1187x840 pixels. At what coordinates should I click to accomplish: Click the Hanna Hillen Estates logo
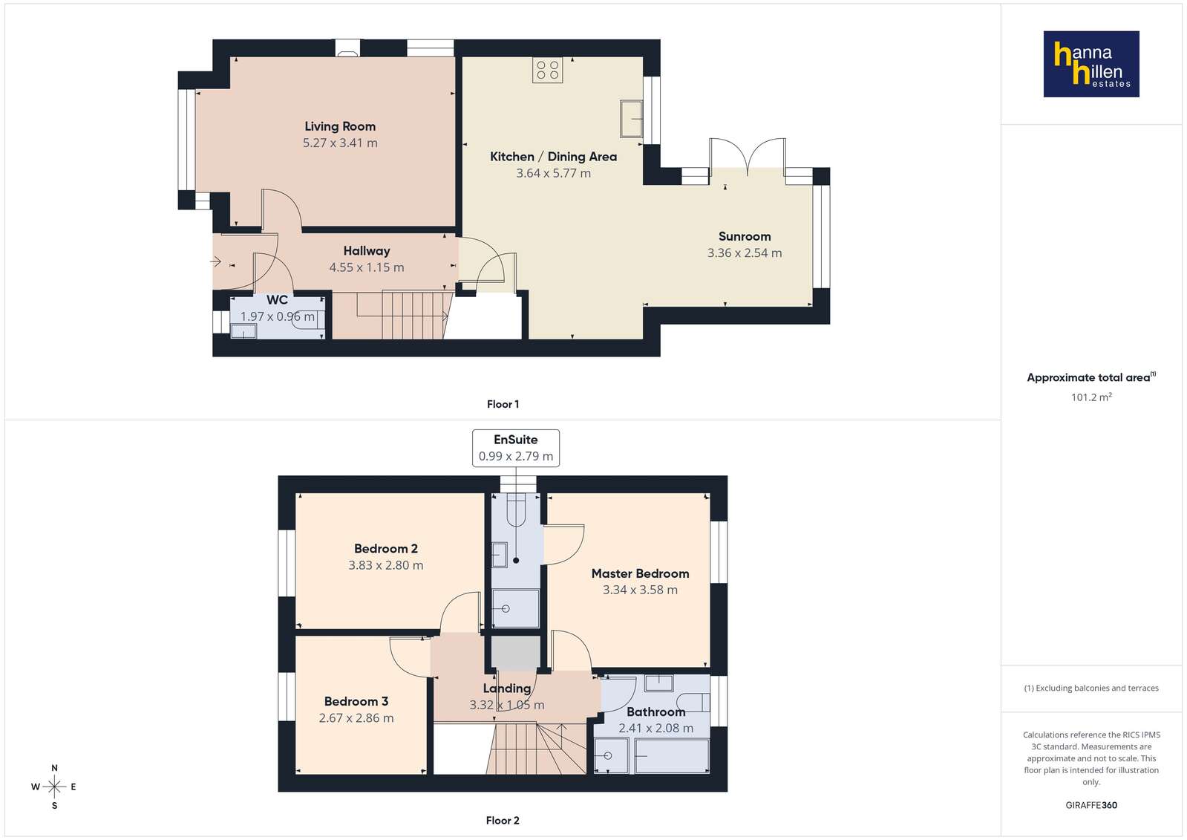click(x=1091, y=64)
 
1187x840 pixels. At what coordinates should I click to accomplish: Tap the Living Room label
click(x=340, y=126)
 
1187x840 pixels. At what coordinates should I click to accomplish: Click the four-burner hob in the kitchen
click(x=547, y=70)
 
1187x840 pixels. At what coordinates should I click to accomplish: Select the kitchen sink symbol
click(x=631, y=118)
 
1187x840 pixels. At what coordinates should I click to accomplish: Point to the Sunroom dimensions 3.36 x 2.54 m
click(x=745, y=253)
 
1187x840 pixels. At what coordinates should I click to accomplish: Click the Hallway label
click(x=367, y=251)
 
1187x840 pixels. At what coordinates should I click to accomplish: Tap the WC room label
click(x=277, y=299)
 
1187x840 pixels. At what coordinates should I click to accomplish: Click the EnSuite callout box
click(x=516, y=448)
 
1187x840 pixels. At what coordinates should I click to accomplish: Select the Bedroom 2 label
click(x=386, y=548)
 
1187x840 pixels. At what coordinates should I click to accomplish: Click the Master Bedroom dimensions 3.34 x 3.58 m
click(x=640, y=590)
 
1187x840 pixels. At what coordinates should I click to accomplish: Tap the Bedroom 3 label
click(x=356, y=701)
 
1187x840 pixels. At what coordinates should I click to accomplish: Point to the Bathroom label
click(x=656, y=712)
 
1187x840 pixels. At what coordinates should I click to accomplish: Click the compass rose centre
click(x=55, y=787)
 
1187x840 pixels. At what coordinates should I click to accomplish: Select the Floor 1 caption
click(x=503, y=404)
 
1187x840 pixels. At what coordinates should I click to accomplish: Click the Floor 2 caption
click(x=503, y=821)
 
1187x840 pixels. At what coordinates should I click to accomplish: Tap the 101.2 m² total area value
click(x=1091, y=397)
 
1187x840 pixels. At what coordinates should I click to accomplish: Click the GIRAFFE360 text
click(x=1091, y=805)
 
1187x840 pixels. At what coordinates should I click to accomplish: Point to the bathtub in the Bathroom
click(x=672, y=755)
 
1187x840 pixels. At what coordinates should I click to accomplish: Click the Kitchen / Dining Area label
click(x=553, y=157)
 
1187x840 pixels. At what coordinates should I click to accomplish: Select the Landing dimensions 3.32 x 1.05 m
click(x=506, y=705)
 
